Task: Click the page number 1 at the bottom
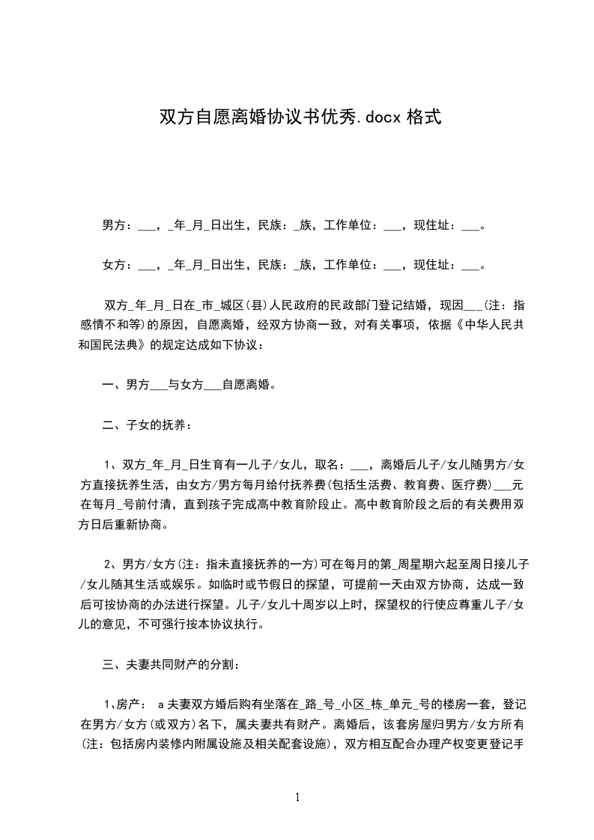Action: click(297, 797)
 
